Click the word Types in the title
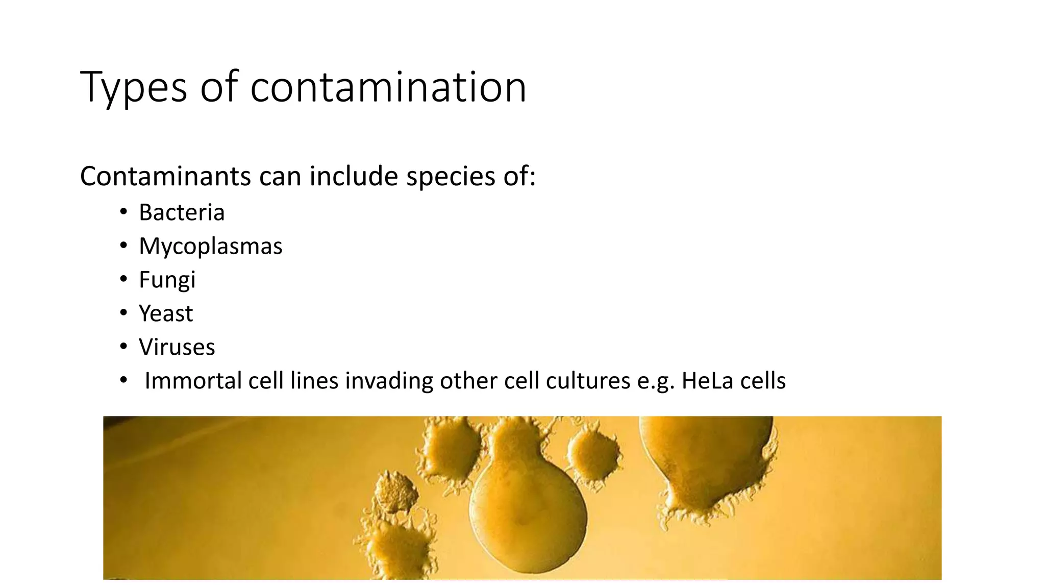pos(134,88)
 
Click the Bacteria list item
pos(182,212)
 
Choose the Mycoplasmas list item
pos(210,246)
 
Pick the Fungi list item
pos(167,280)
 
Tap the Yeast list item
pos(166,313)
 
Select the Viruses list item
pos(177,347)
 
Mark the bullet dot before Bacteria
pos(123,212)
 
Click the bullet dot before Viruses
pos(123,347)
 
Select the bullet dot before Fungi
pos(123,280)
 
